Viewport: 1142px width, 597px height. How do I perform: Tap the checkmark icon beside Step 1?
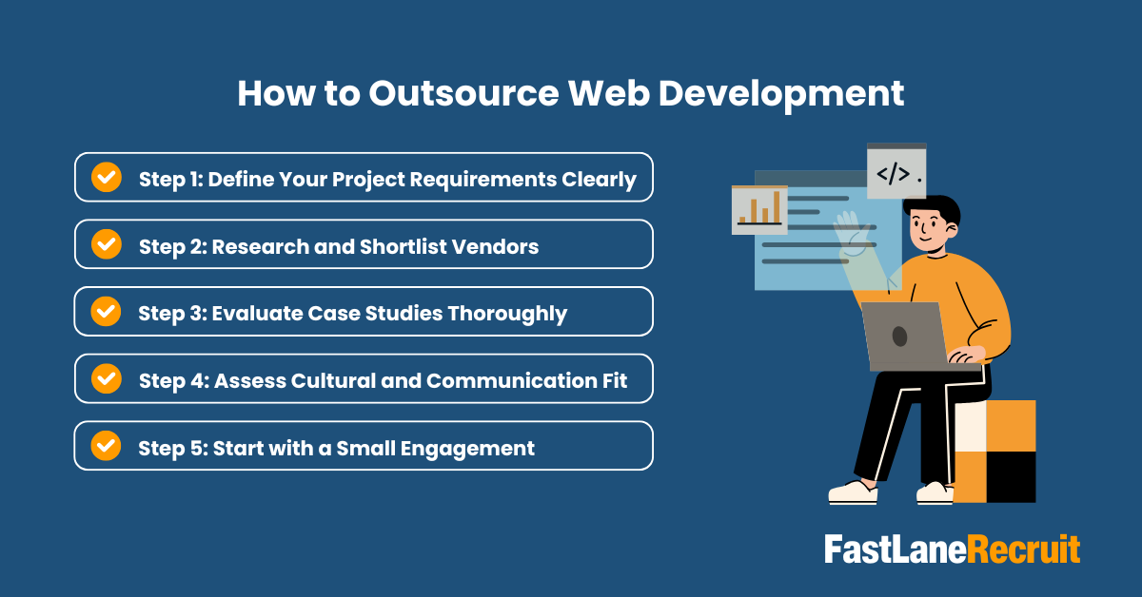[106, 177]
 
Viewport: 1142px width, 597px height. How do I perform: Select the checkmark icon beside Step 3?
[106, 311]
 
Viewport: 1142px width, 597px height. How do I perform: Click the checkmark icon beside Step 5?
[106, 445]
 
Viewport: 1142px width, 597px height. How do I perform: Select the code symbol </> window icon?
[896, 172]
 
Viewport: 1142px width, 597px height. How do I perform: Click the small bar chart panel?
[759, 210]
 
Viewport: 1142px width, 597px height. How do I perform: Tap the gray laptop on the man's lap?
[905, 335]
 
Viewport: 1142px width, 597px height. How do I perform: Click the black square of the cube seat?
[1011, 476]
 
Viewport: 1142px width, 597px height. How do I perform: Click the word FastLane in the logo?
[895, 549]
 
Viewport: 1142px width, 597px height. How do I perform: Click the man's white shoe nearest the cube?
[935, 491]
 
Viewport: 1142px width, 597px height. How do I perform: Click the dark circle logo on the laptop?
[899, 335]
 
